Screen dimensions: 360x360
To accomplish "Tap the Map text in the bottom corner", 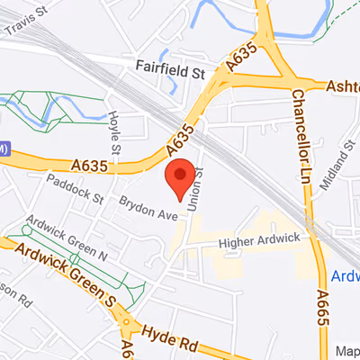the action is coord(346,351).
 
